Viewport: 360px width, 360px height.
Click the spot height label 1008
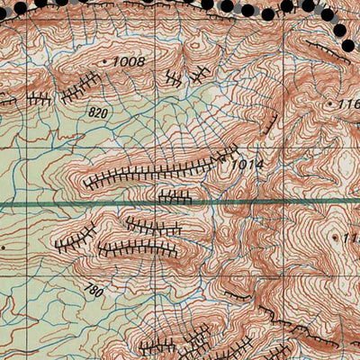coord(129,61)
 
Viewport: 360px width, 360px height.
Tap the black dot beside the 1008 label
coord(105,60)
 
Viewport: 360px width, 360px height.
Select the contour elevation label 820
coord(100,112)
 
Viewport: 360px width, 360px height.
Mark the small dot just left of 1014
coord(227,163)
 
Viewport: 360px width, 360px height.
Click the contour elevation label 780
coord(93,290)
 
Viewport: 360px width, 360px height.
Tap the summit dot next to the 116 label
coord(331,104)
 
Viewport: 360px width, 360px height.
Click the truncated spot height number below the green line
coord(350,238)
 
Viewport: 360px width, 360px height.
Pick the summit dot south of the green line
coord(335,237)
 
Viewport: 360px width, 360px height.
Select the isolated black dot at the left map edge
coord(4,245)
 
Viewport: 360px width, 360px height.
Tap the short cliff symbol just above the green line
coord(175,195)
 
